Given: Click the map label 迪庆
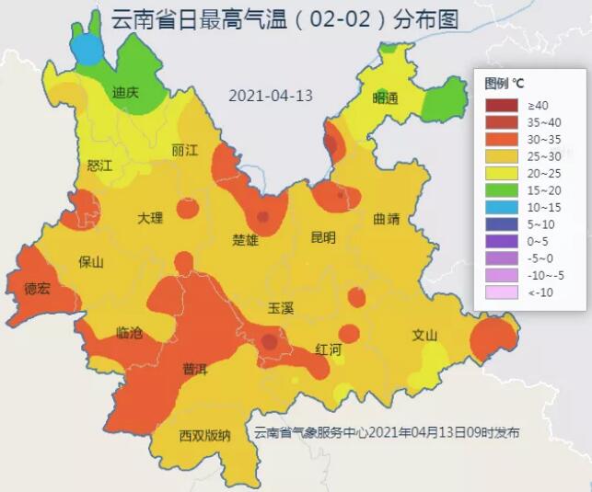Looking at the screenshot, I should pyautogui.click(x=124, y=92).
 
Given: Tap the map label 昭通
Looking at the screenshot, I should pyautogui.click(x=385, y=98).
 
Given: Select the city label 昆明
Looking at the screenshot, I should pyautogui.click(x=323, y=237).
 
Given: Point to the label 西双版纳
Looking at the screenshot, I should pyautogui.click(x=204, y=436).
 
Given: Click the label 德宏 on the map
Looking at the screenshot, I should pyautogui.click(x=38, y=289).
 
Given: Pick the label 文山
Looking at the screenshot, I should pyautogui.click(x=424, y=335).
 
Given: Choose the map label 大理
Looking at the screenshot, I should pyautogui.click(x=150, y=218).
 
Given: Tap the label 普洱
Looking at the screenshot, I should pyautogui.click(x=194, y=369).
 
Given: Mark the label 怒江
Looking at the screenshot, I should pyautogui.click(x=99, y=166).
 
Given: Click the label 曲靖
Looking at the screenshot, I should pyautogui.click(x=387, y=219).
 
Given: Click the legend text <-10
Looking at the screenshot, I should pyautogui.click(x=539, y=292).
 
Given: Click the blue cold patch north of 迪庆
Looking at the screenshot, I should pyautogui.click(x=88, y=47).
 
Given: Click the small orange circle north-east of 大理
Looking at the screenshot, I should pyautogui.click(x=187, y=208).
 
